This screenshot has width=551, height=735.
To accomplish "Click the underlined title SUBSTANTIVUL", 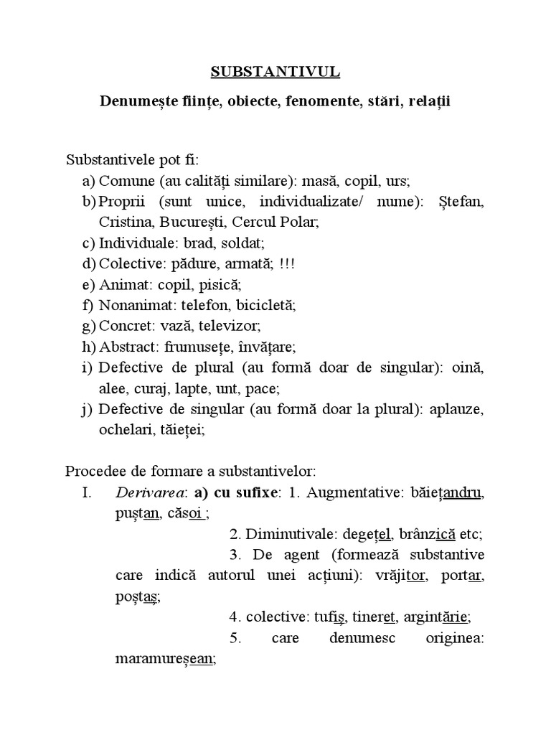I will [275, 72].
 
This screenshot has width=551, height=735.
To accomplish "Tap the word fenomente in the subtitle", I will [321, 102].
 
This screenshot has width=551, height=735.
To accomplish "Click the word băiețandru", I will [443, 493].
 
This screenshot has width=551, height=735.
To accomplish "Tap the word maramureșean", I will [164, 658].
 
